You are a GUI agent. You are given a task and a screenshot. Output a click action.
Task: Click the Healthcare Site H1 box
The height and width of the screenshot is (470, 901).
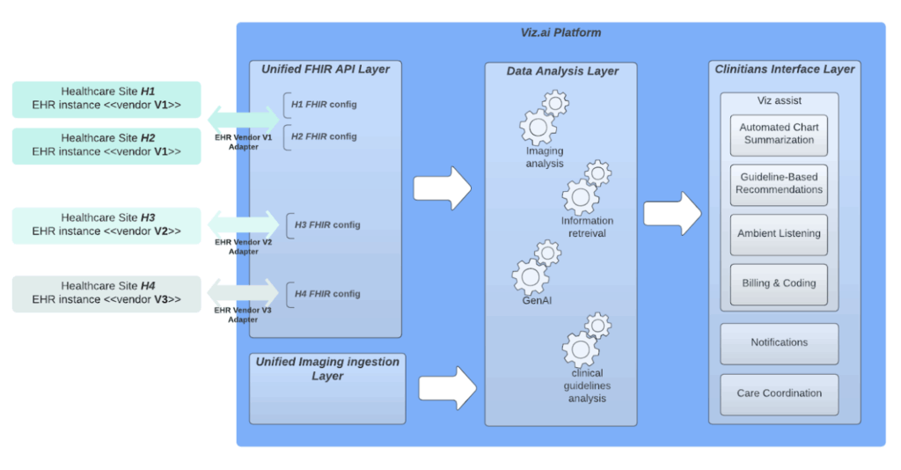(x=106, y=99)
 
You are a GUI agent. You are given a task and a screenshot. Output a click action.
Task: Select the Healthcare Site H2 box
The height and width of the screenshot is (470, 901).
(x=106, y=145)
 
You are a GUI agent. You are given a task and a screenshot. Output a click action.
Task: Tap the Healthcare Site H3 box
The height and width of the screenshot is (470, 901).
(x=106, y=224)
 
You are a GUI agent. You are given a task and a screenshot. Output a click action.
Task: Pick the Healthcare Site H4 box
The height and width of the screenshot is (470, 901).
(x=106, y=293)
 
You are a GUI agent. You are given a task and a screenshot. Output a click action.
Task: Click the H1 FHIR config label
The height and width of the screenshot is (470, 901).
(x=324, y=105)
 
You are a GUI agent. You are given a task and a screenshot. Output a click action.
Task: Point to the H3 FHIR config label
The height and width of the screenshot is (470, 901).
(x=327, y=224)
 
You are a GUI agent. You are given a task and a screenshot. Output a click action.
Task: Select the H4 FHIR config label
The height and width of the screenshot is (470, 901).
(x=327, y=294)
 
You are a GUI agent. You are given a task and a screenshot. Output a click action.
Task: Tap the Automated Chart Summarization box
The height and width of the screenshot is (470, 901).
(x=779, y=134)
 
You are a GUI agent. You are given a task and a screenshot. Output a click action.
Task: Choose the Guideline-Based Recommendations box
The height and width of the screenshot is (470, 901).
(x=779, y=183)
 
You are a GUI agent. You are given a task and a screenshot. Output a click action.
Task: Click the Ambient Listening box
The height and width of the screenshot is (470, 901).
(x=779, y=234)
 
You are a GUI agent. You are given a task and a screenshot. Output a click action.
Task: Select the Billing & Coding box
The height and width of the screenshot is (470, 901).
(x=779, y=283)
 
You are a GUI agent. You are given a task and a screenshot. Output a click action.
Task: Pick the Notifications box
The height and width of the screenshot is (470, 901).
(x=779, y=343)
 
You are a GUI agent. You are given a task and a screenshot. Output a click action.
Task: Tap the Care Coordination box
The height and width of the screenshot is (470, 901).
(x=779, y=393)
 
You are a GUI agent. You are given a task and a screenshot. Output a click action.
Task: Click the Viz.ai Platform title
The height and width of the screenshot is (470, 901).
(x=560, y=33)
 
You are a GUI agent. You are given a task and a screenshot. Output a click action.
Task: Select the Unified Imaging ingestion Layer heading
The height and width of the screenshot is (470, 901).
(x=327, y=369)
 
